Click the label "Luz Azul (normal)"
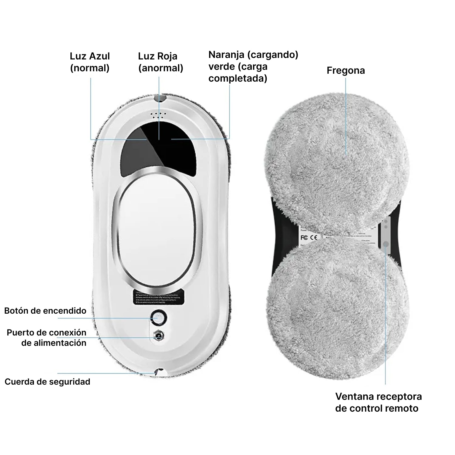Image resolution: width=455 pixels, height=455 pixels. [x=90, y=62]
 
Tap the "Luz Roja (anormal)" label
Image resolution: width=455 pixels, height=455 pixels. [x=160, y=62]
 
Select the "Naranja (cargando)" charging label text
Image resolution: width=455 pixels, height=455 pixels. [x=253, y=55]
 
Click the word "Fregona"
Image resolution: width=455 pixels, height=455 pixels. [x=345, y=70]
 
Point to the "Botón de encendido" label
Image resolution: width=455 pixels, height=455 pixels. [x=45, y=311]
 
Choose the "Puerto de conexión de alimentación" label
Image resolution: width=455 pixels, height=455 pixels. [x=47, y=338]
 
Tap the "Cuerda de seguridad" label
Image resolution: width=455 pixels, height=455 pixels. [x=47, y=382]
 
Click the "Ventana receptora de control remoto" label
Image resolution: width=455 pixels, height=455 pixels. [x=378, y=402]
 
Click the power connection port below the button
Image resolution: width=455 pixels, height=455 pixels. [x=158, y=336]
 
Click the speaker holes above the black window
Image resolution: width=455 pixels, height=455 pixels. [x=158, y=115]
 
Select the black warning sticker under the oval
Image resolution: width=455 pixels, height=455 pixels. [x=159, y=297]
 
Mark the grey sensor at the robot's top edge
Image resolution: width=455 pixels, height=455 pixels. [x=160, y=98]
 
